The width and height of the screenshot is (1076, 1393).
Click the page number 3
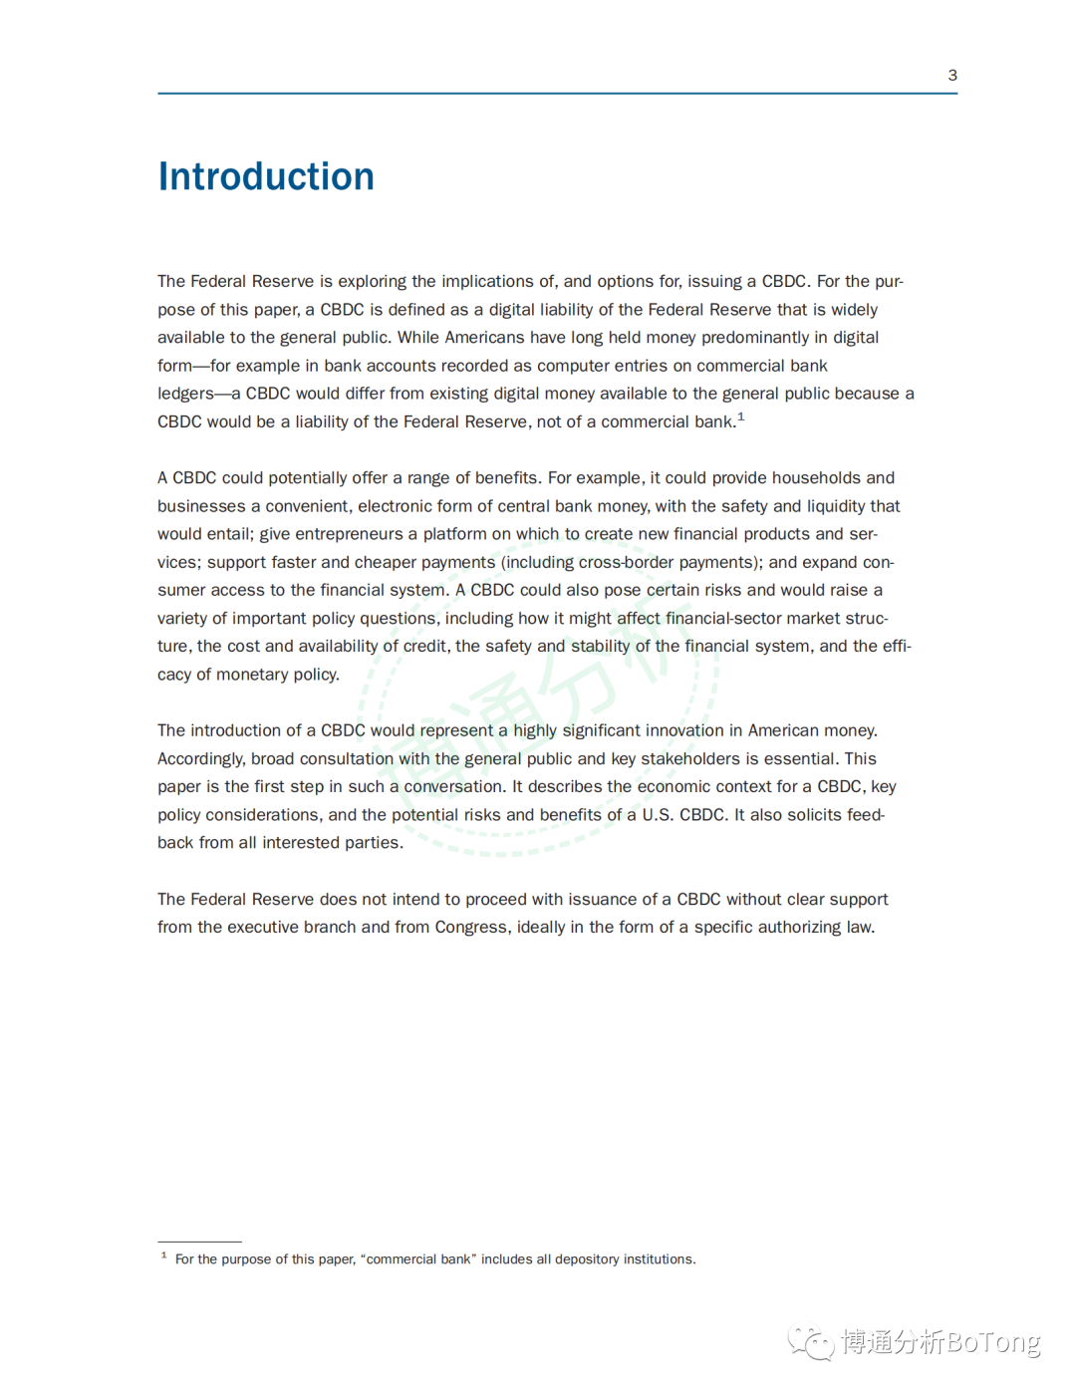click(x=952, y=76)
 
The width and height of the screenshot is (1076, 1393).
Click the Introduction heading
click(x=266, y=176)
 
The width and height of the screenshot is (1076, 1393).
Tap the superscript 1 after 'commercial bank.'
click(x=741, y=417)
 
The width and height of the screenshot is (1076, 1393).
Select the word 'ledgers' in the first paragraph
click(x=185, y=394)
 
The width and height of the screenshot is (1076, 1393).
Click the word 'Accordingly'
click(x=200, y=759)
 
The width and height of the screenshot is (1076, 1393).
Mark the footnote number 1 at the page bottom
click(x=163, y=1255)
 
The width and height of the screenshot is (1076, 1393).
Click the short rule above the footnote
click(x=199, y=1242)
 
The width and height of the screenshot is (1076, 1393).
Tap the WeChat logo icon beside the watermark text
click(x=811, y=1342)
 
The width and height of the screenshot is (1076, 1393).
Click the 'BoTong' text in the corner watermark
click(x=992, y=1342)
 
